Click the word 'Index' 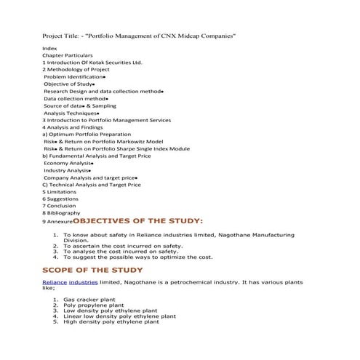pos(49,47)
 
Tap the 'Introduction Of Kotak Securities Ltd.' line pos(92,62)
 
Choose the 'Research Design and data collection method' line pos(102,92)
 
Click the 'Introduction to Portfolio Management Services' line pos(107,120)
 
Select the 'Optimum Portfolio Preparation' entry pos(87,135)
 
